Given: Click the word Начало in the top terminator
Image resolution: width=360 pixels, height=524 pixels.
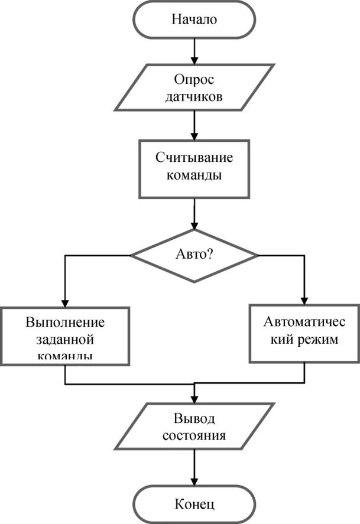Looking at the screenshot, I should click(194, 19).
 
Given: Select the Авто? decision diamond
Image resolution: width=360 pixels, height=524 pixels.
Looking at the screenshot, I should click(194, 255).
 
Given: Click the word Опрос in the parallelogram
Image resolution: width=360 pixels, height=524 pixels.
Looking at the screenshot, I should click(194, 79).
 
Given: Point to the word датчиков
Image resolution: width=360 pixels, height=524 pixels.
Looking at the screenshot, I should click(194, 96).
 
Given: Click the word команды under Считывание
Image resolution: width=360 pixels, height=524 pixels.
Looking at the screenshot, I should click(194, 176).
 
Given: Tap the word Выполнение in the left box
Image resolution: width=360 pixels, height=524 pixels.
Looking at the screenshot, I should click(65, 323).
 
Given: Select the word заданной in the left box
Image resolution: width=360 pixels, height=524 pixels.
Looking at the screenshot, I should click(65, 341).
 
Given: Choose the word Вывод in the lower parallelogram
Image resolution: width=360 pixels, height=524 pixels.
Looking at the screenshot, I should click(194, 419).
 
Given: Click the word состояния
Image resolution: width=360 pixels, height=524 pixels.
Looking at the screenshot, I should click(194, 438).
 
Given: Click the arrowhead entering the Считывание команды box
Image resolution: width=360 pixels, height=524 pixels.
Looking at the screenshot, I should click(194, 135).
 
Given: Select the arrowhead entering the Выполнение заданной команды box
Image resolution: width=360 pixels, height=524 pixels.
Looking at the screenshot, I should click(65, 302).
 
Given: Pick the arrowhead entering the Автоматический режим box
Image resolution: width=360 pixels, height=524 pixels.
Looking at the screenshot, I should click(305, 300).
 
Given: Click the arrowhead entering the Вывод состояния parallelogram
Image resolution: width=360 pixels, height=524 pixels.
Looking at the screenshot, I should click(194, 399).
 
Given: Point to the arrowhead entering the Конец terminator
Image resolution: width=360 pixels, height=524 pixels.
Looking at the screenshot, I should click(194, 482).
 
